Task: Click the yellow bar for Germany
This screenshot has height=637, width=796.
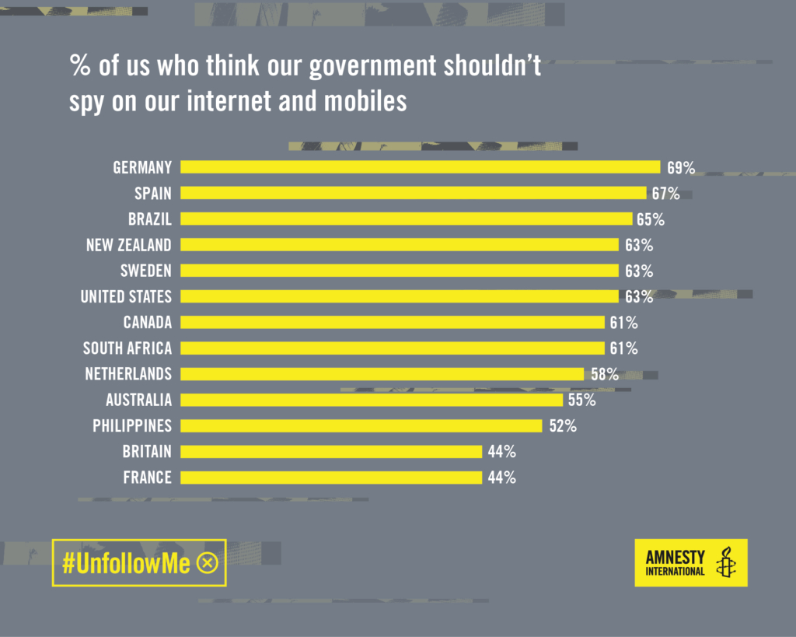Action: (x=420, y=167)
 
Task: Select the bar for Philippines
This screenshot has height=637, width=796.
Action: (x=361, y=425)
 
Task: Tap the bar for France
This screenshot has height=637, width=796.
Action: (x=331, y=478)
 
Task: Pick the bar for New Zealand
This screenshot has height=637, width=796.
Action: (x=400, y=245)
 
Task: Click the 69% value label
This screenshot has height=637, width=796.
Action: (x=681, y=167)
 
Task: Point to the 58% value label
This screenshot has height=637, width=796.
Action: (x=605, y=374)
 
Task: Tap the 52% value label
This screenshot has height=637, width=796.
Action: (x=563, y=426)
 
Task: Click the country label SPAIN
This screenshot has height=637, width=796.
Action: (x=152, y=194)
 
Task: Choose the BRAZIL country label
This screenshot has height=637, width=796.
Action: (x=150, y=219)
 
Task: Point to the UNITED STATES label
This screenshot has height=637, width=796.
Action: (x=126, y=296)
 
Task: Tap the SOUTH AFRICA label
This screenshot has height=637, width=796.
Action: (x=127, y=348)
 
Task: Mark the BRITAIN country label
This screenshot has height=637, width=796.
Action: (x=147, y=452)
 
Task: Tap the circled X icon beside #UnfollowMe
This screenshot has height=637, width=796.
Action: (x=208, y=563)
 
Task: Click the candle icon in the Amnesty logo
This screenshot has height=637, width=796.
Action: (x=727, y=562)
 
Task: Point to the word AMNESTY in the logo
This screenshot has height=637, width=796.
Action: (x=675, y=557)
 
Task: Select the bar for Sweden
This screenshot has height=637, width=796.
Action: (x=400, y=271)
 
